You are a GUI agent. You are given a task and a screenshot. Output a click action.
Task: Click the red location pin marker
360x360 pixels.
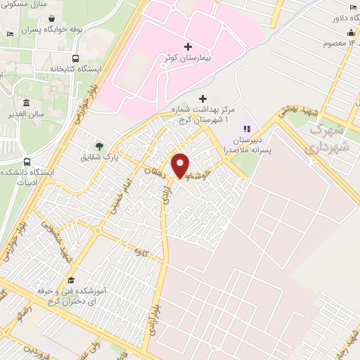point(181,165)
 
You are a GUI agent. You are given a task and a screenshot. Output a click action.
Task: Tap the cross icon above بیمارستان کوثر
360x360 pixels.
point(187,47)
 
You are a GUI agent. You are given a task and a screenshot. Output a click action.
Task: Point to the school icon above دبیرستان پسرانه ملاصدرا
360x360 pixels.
point(246,128)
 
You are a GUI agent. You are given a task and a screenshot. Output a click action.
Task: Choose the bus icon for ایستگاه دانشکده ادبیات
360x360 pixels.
point(26,160)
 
